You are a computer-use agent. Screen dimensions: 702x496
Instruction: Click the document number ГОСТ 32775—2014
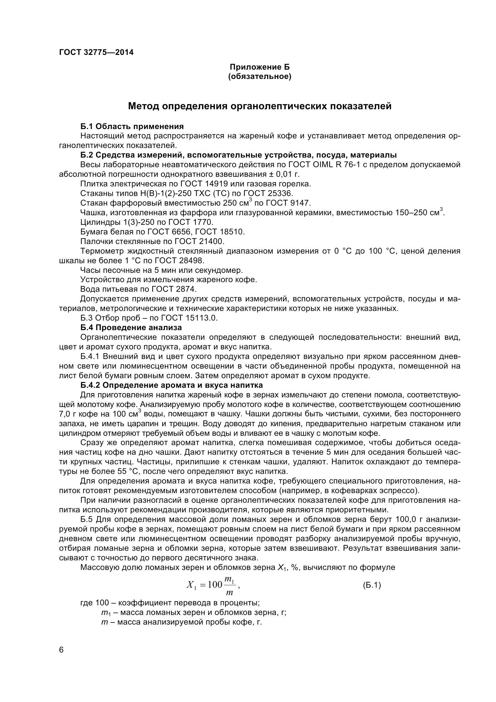tap(96, 53)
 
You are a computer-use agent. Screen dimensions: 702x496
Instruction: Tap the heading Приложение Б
tap(260, 67)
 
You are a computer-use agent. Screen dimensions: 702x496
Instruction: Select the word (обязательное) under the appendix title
tap(260, 77)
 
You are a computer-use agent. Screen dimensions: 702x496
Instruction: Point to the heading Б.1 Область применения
tap(132, 126)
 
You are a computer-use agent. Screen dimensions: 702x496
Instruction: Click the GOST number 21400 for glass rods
tap(211, 242)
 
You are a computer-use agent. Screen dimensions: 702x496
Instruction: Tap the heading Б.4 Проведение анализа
tap(131, 327)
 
